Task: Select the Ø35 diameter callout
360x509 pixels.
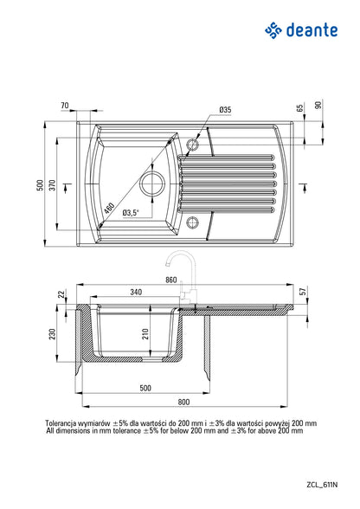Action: (x=224, y=110)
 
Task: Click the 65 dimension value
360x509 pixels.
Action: (x=300, y=109)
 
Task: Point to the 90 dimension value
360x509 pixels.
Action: (x=318, y=106)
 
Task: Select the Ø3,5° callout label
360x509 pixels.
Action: (x=131, y=212)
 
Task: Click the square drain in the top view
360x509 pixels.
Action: (x=152, y=184)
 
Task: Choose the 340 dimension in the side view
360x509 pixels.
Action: (x=136, y=292)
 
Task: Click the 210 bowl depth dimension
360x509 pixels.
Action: (x=145, y=334)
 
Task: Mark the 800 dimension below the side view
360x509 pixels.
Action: (x=183, y=402)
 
